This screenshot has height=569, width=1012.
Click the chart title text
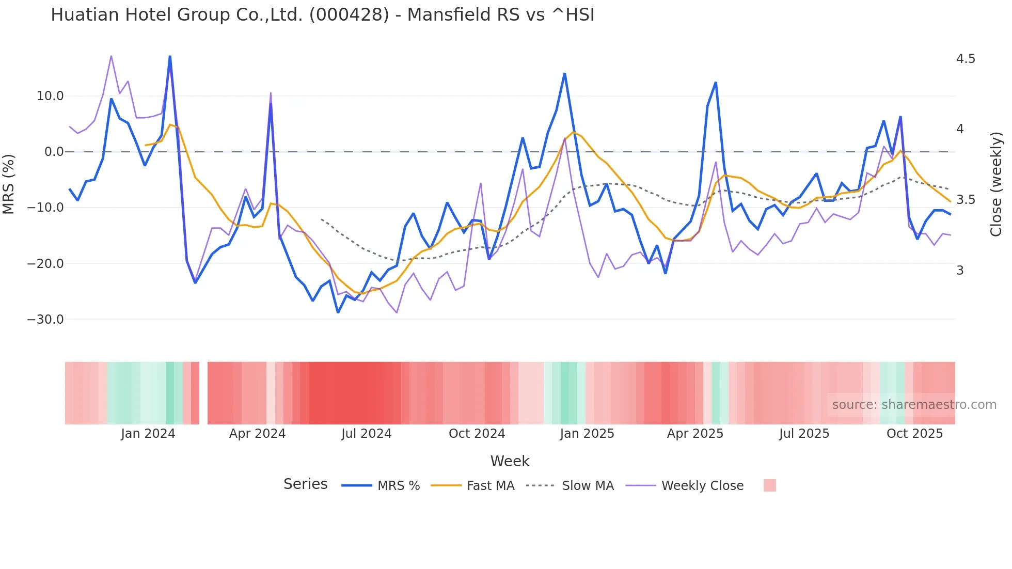[322, 15]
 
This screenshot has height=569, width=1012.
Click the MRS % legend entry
[398, 486]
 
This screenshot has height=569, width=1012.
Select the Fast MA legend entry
[490, 486]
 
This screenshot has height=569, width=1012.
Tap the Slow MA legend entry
[588, 486]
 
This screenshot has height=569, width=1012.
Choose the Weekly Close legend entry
[702, 486]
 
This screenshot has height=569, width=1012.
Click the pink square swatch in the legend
[769, 485]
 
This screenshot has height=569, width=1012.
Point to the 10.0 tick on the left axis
[50, 96]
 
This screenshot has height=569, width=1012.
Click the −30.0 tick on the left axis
[45, 320]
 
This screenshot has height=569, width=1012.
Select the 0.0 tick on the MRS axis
[54, 152]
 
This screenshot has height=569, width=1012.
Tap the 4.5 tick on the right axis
[966, 59]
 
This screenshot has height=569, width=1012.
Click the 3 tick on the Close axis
[960, 271]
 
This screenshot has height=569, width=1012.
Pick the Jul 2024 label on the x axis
[366, 434]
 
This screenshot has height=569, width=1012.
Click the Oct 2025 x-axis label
[914, 434]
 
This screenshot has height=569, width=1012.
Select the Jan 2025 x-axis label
[587, 434]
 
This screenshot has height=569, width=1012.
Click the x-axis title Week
[510, 461]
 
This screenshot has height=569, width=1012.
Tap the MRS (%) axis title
[9, 184]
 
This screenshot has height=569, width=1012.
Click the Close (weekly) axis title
[996, 184]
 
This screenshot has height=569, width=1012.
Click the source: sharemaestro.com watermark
[914, 405]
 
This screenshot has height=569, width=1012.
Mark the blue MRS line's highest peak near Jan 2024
[170, 56]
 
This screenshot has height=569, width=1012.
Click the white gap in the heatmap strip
[203, 393]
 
